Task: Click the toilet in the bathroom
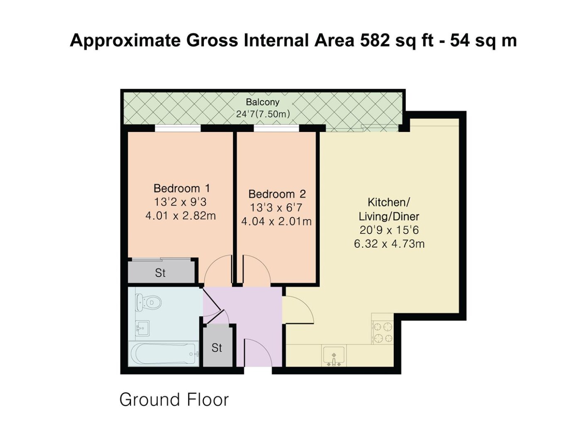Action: pyautogui.click(x=149, y=303)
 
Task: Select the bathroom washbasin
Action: pyautogui.click(x=142, y=328)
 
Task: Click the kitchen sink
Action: pyautogui.click(x=334, y=356)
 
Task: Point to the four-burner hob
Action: pyautogui.click(x=383, y=333)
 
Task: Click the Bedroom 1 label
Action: pyautogui.click(x=182, y=189)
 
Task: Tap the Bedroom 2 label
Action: pyautogui.click(x=277, y=194)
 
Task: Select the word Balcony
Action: pyautogui.click(x=263, y=102)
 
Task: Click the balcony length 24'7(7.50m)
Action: pyautogui.click(x=263, y=114)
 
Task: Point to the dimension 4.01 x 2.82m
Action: pyautogui.click(x=181, y=216)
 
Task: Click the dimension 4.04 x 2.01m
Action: pyautogui.click(x=276, y=221)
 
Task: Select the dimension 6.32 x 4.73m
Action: pyautogui.click(x=389, y=244)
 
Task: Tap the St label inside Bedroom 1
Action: pyautogui.click(x=160, y=273)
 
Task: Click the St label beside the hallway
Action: pyautogui.click(x=217, y=348)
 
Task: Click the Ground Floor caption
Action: pyautogui.click(x=174, y=399)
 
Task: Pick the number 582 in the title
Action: pyautogui.click(x=374, y=41)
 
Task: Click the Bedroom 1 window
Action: pyautogui.click(x=178, y=128)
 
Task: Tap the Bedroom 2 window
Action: pyautogui.click(x=277, y=128)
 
